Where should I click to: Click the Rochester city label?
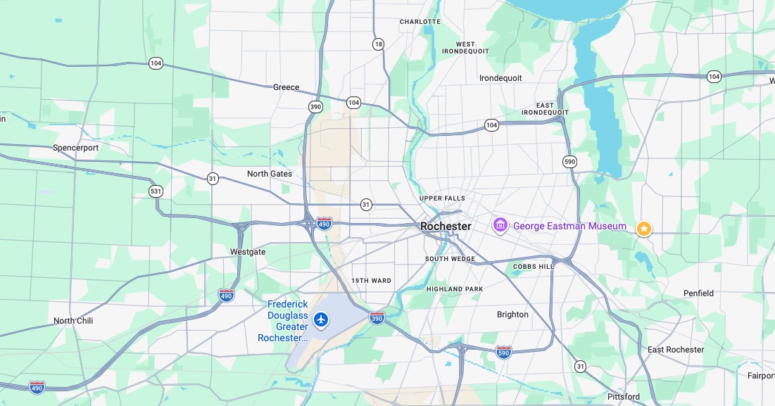tap(446, 227)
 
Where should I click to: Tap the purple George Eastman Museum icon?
tap(500, 226)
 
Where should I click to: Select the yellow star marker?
tap(643, 229)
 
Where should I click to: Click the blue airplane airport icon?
tap(322, 320)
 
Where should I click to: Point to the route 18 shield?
tap(379, 44)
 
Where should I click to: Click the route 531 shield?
tap(156, 191)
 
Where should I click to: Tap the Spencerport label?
tap(75, 148)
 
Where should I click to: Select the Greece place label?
tap(286, 88)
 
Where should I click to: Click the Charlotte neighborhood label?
tap(420, 22)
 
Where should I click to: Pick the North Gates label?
tap(270, 174)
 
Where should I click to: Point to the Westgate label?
tap(248, 252)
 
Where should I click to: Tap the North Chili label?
tap(73, 321)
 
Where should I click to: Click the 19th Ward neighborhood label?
tap(371, 281)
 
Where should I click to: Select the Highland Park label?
tap(455, 289)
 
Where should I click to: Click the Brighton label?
tap(512, 315)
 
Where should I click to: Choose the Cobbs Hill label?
tap(534, 267)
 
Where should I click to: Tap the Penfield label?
tap(698, 293)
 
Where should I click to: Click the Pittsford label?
tap(624, 397)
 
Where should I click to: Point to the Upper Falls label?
tap(442, 198)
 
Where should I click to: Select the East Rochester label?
tap(676, 350)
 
